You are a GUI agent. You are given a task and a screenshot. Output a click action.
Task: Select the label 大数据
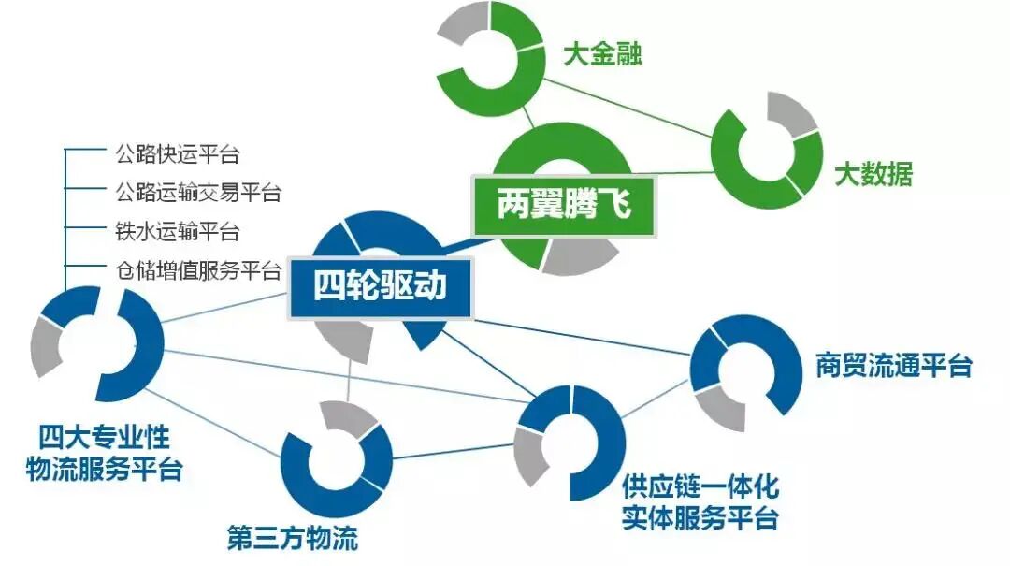pyautogui.click(x=873, y=174)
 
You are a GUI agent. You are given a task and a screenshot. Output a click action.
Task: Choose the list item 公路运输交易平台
pyautogui.click(x=197, y=193)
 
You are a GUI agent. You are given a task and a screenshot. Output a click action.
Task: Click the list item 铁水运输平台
pyautogui.click(x=177, y=232)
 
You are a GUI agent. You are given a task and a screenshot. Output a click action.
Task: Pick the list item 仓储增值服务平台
pyautogui.click(x=197, y=271)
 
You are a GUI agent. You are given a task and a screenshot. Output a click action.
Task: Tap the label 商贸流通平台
pyautogui.click(x=893, y=365)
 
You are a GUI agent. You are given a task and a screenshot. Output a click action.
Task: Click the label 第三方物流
pyautogui.click(x=292, y=539)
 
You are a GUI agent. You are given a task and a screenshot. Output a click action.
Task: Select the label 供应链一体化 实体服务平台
pyautogui.click(x=700, y=502)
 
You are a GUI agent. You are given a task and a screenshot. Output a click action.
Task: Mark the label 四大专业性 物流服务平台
pyautogui.click(x=104, y=454)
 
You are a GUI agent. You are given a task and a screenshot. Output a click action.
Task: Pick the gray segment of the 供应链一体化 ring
pyautogui.click(x=531, y=455)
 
